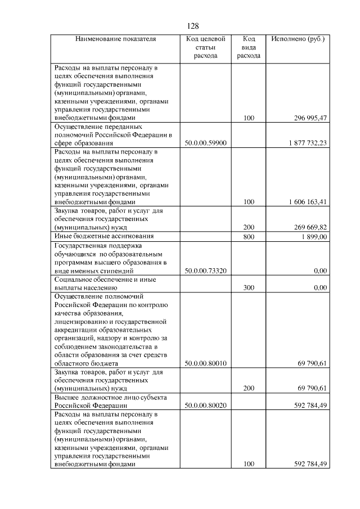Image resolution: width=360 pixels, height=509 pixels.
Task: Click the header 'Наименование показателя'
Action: click(x=115, y=39)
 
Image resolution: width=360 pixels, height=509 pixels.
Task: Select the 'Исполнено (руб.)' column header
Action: click(x=298, y=39)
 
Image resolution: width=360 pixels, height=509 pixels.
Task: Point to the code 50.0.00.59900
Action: click(x=205, y=143)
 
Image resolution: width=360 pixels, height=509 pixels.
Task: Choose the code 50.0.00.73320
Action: click(x=205, y=271)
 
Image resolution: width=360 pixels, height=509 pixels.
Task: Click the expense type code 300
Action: click(x=249, y=287)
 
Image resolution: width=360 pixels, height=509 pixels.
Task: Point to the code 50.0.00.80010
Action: click(x=205, y=363)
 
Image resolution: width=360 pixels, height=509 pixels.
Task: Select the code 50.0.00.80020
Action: click(x=205, y=405)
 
